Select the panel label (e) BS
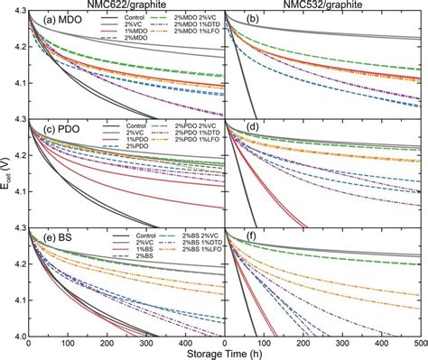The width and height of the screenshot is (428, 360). tap(50, 239)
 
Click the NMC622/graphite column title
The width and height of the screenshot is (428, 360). tap(127, 5)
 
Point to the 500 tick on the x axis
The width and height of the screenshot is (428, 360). tap(418, 344)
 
